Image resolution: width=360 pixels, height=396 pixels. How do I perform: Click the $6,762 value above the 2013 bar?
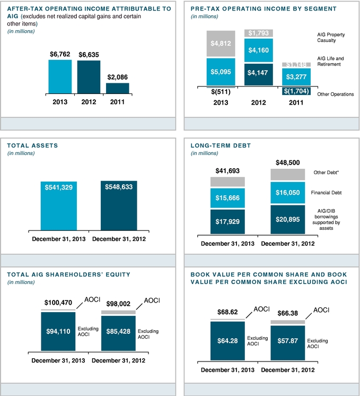pos(60,54)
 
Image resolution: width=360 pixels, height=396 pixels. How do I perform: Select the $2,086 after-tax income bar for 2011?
pos(118,88)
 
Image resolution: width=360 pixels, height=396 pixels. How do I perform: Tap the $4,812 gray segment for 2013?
pos(221,44)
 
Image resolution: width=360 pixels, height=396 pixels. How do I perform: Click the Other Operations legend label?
pos(335,94)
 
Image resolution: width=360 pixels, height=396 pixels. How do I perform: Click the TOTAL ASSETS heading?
pos(32,145)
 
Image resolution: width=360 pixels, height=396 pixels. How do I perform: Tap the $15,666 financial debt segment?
pos(227,197)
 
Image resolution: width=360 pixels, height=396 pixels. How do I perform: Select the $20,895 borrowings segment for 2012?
pos(288,220)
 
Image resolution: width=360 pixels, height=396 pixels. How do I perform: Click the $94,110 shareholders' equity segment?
pos(58,331)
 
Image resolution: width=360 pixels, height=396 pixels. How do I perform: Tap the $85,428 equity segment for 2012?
pos(118,333)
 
